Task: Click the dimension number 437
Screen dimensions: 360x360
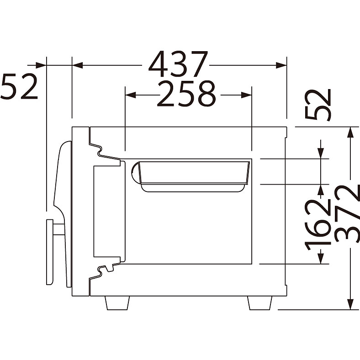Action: pos(178,64)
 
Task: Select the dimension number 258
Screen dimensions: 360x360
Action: pos(186,94)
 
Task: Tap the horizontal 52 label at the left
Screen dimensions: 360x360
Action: pos(19,86)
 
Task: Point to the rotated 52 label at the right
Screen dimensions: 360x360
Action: pos(318,105)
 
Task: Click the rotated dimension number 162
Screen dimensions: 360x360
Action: pos(318,224)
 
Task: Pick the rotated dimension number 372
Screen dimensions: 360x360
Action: pos(347,213)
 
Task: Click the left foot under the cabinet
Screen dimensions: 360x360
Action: pos(117,303)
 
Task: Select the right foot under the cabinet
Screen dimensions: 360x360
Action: pos(259,303)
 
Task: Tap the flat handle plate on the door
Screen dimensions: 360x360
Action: pos(50,252)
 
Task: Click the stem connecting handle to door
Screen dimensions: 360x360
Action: pos(58,229)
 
